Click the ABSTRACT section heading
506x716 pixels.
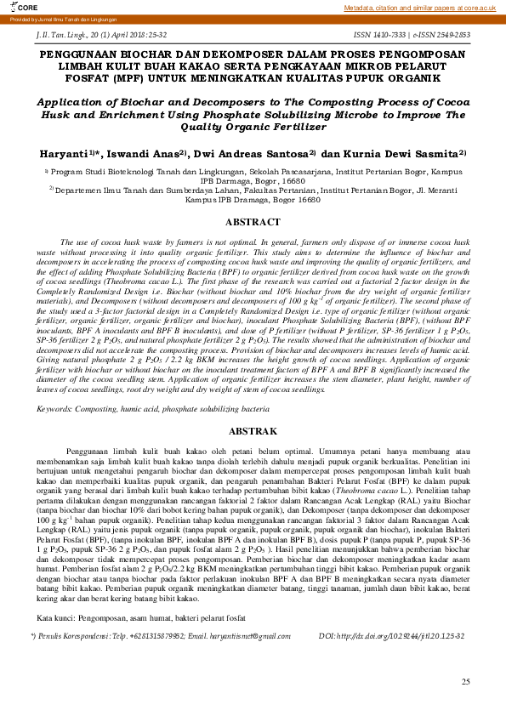tap(253, 222)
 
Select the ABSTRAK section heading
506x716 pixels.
tap(253, 432)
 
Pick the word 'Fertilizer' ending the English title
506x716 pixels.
tap(296, 127)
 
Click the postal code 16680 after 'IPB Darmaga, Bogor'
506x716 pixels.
tap(291, 181)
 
